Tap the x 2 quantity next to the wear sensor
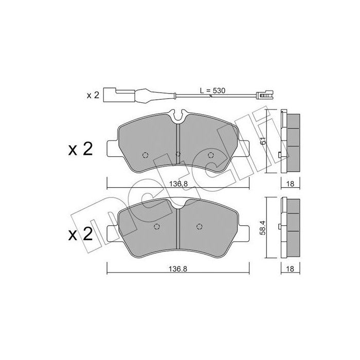93,96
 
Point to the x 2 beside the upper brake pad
80,149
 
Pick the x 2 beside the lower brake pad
80,235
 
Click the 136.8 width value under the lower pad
178,267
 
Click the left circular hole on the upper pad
146,156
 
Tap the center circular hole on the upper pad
178,154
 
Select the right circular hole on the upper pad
210,156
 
